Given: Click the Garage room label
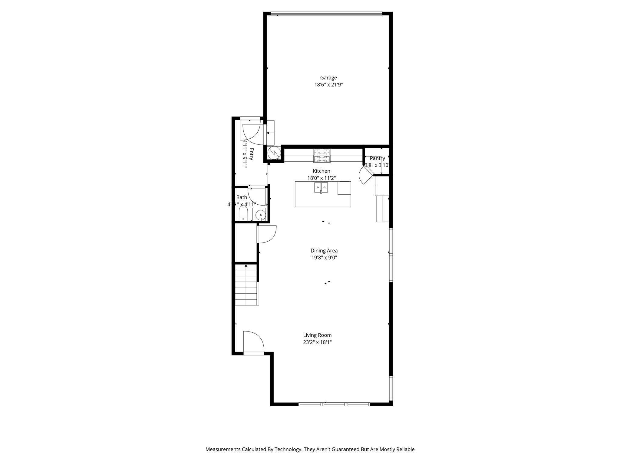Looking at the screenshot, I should [x=328, y=78].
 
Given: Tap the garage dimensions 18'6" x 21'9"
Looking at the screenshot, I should [x=328, y=85].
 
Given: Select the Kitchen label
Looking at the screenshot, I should [x=322, y=171].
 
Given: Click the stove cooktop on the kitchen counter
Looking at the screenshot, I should [x=322, y=156].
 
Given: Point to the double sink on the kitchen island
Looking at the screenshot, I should [x=321, y=187].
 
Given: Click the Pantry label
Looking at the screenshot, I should [x=377, y=158].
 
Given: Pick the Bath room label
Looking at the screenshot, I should [x=242, y=197].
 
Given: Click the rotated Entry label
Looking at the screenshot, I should [x=251, y=154].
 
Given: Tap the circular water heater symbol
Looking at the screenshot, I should [x=274, y=153].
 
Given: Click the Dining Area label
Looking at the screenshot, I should [x=324, y=251].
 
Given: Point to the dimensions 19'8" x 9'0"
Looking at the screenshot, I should [x=324, y=258].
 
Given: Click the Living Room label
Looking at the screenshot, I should [x=317, y=335].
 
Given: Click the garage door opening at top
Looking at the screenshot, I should [x=326, y=13].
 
